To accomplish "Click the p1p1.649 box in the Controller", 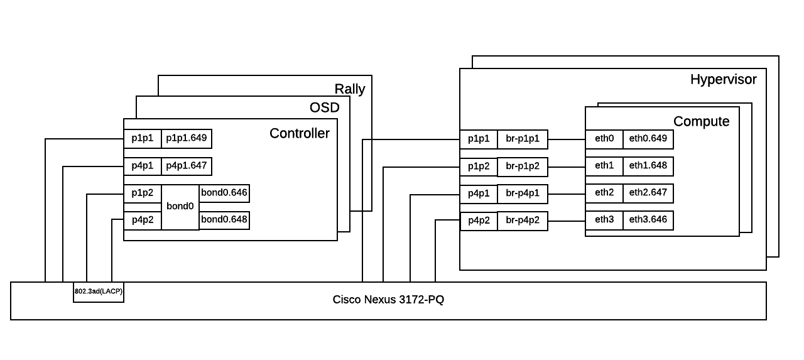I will tap(186, 138).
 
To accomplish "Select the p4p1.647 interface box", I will tap(186, 166).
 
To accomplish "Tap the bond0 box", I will tap(180, 206).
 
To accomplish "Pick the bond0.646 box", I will tap(224, 193).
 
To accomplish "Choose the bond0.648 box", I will tap(224, 220).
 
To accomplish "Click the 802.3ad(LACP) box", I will tap(99, 292).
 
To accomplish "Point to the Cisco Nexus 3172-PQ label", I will tap(388, 300).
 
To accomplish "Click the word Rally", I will tap(349, 89).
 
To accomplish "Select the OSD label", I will tap(324, 108).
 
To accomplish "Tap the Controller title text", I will tap(299, 133).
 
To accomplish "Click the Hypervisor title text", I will tap(723, 80).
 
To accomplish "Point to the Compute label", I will tap(701, 121).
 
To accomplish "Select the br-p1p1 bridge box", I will tap(523, 139).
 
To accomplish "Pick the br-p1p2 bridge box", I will tap(523, 167).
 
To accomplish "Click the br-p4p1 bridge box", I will tap(523, 194).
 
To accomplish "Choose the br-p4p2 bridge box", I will tap(523, 221).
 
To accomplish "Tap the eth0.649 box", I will tap(648, 138).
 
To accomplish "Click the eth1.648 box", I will tap(648, 166).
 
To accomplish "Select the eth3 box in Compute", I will tap(604, 220).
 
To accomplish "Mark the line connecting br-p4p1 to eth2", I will tap(567, 194).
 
